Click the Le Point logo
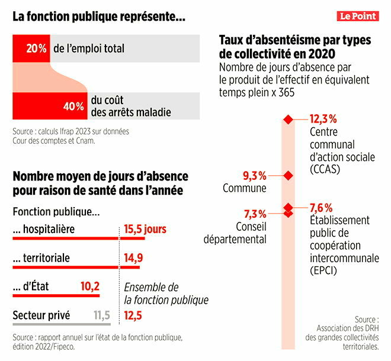[358, 16]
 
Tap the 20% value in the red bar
[37, 48]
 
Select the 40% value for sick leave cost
[73, 107]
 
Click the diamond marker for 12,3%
[288, 120]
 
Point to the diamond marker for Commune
[288, 175]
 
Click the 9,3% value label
[254, 175]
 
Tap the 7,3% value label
[255, 213]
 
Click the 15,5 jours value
[145, 229]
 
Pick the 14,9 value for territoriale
[133, 257]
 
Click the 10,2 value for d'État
[90, 286]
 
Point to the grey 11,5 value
[102, 315]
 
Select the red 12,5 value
[133, 315]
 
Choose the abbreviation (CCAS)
[326, 169]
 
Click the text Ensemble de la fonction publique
[166, 294]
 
